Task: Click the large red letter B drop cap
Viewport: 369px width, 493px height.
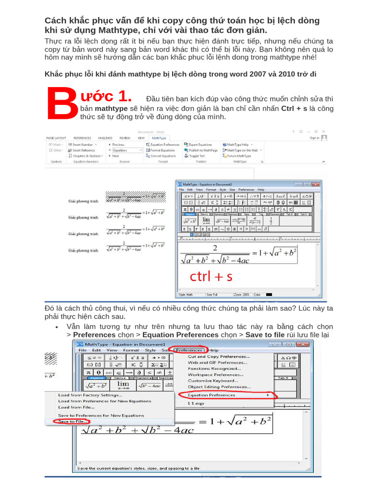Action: click(x=59, y=104)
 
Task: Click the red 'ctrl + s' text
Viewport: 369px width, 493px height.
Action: click(x=211, y=276)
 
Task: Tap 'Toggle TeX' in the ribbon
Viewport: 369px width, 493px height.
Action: click(x=196, y=156)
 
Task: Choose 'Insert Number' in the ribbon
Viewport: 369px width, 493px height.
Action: click(x=83, y=144)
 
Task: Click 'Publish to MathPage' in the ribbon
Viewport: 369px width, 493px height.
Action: click(x=200, y=150)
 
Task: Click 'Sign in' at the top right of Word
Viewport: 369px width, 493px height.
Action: click(x=314, y=138)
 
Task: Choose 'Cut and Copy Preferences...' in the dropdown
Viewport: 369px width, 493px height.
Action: click(x=218, y=357)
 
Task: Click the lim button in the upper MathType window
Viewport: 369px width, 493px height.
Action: click(x=206, y=220)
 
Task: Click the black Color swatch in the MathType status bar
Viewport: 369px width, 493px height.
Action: click(x=269, y=294)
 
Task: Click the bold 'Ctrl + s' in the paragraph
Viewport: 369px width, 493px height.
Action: click(x=294, y=108)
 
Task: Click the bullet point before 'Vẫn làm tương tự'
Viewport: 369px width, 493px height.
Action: click(x=57, y=327)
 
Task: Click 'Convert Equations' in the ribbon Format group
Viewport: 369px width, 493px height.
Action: click(x=163, y=156)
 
